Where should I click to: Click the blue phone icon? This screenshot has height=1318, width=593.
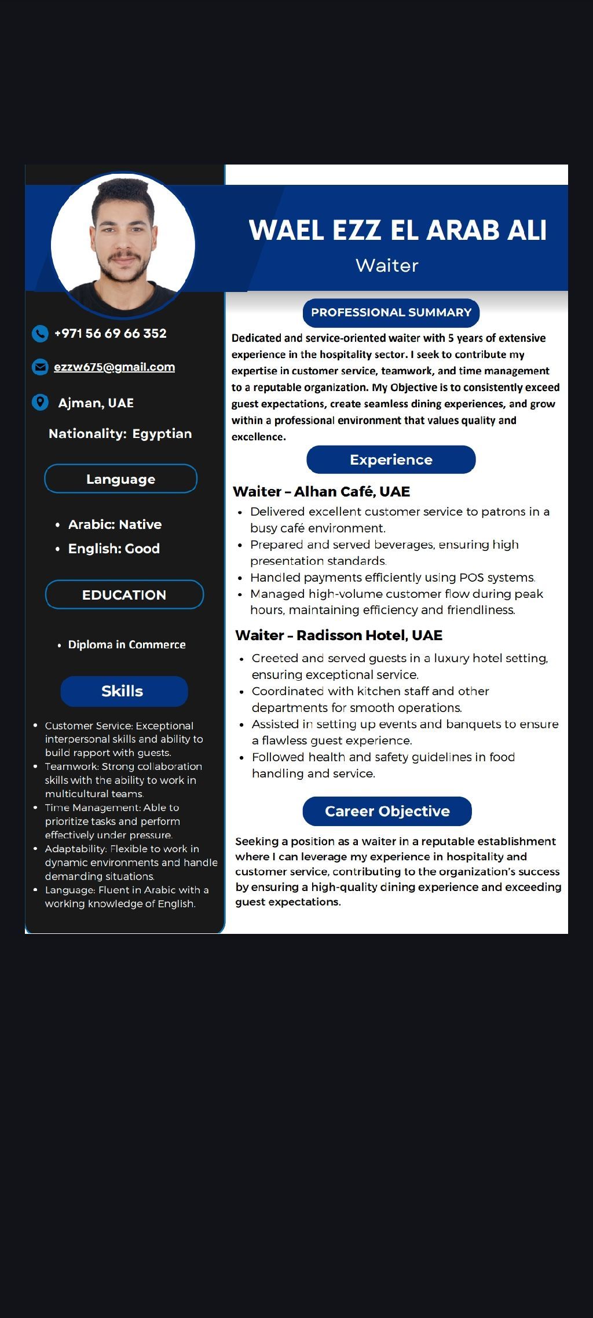pyautogui.click(x=40, y=334)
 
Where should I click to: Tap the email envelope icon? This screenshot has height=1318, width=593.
pyautogui.click(x=40, y=367)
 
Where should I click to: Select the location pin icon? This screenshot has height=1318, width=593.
pyautogui.click(x=40, y=403)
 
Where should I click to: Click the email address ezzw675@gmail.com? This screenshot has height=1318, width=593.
pyautogui.click(x=114, y=367)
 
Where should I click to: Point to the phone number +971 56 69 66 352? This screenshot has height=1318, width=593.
pyautogui.click(x=110, y=334)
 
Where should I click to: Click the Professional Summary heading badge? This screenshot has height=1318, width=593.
pyautogui.click(x=391, y=313)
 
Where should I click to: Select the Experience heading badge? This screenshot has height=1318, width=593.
pyautogui.click(x=391, y=460)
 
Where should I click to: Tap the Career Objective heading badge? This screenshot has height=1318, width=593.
pyautogui.click(x=387, y=811)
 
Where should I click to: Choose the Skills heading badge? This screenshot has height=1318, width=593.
pyautogui.click(x=124, y=691)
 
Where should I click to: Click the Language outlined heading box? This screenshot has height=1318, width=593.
pyautogui.click(x=120, y=479)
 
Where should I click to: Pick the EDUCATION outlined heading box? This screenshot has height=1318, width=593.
pyautogui.click(x=124, y=595)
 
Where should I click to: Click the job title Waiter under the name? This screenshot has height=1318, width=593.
pyautogui.click(x=387, y=265)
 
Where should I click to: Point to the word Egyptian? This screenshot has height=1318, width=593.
pyautogui.click(x=162, y=434)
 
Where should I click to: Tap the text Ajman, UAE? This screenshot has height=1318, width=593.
pyautogui.click(x=96, y=403)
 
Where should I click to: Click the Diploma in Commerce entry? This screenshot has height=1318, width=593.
pyautogui.click(x=126, y=645)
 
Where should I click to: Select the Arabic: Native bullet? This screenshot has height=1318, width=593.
pyautogui.click(x=115, y=525)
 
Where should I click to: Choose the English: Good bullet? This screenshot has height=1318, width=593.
pyautogui.click(x=114, y=549)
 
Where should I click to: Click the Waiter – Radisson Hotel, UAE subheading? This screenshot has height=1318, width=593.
pyautogui.click(x=339, y=636)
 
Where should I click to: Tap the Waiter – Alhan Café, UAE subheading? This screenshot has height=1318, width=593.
pyautogui.click(x=321, y=492)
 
